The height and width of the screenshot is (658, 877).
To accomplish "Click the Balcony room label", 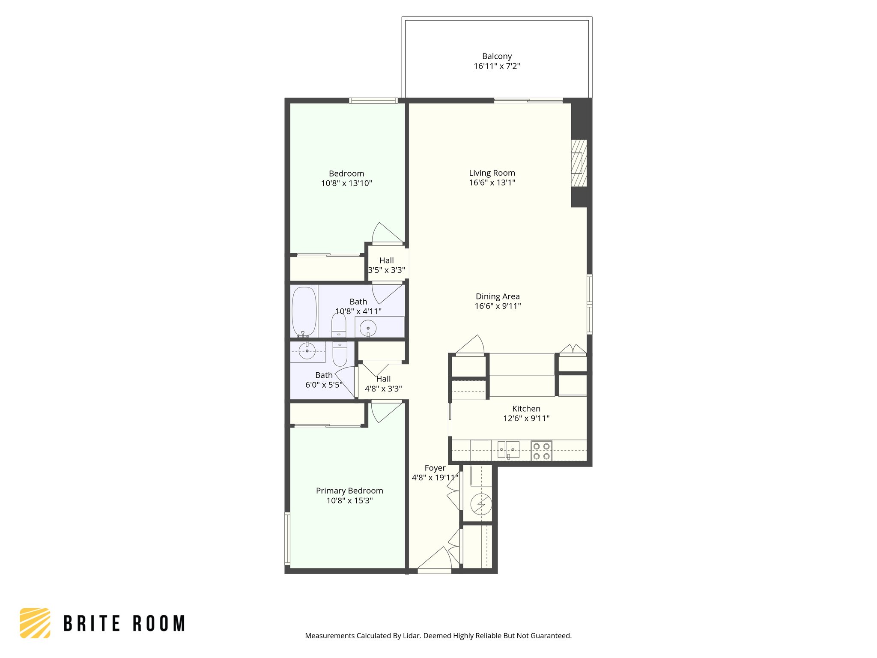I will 497,56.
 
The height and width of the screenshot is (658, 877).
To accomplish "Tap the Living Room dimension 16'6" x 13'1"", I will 492,183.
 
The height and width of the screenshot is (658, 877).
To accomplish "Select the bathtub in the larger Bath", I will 304,311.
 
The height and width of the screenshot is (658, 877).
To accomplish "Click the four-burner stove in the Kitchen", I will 541,451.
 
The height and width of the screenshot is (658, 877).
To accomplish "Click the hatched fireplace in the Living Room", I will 579,163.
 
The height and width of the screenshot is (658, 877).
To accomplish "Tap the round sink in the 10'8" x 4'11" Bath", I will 368,329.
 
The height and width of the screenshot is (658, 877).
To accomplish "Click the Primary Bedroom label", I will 349,491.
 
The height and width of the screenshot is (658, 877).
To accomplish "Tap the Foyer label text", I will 435,468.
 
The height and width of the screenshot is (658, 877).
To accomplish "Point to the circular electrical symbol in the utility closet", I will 481,505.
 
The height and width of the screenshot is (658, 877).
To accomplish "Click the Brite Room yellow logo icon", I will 35,623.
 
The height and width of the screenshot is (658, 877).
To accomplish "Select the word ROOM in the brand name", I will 159,624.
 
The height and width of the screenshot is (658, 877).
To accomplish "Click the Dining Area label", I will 498,296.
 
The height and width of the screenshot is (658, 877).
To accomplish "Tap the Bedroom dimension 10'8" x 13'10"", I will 346,183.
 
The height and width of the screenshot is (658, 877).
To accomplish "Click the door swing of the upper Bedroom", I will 387,234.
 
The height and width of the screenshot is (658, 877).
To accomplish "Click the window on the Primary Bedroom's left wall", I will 287,538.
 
